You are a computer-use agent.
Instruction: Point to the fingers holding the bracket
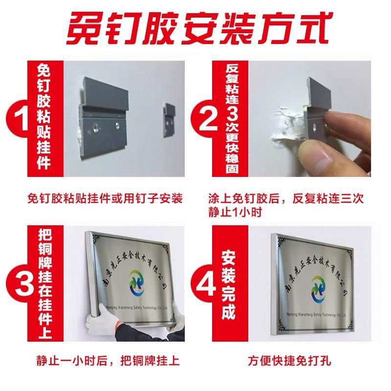pos(337,132)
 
